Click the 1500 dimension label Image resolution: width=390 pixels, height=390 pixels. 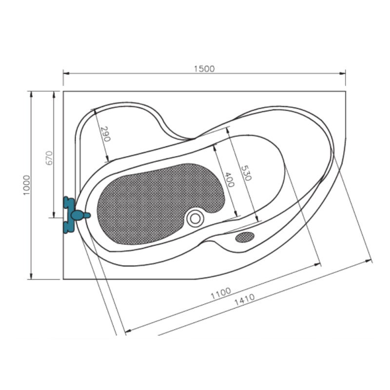click(204, 69)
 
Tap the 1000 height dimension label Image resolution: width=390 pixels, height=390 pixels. click(27, 185)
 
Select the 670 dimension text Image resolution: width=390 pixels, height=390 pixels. click(49, 158)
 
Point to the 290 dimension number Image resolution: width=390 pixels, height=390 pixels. click(105, 134)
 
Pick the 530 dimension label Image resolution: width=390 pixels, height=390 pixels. click(246, 173)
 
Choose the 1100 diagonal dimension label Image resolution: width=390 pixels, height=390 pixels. click(221, 293)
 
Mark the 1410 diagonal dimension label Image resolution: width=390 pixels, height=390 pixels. click(245, 300)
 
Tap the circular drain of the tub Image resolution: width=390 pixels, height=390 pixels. click(195, 218)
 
